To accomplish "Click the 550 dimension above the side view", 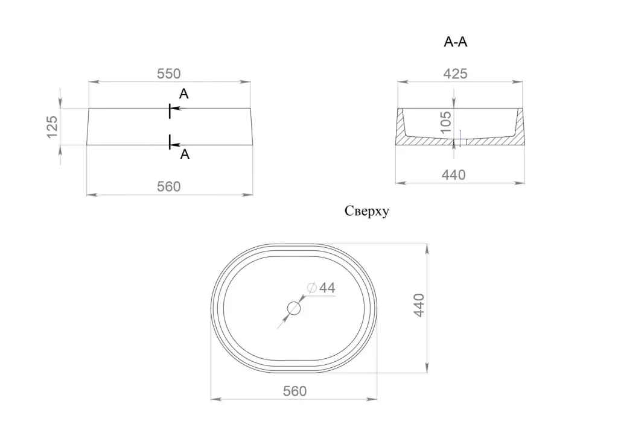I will [168, 74].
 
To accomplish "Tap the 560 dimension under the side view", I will [168, 186].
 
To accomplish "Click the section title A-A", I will [456, 42].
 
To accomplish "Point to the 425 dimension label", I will [455, 74].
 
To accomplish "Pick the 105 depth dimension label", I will [446, 122].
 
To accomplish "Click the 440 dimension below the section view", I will [454, 175].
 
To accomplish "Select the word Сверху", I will [367, 211].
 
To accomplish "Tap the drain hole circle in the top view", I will [294, 308].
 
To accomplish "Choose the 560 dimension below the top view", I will [295, 391].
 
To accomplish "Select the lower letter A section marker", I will [185, 155].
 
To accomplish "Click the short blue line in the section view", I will [460, 138].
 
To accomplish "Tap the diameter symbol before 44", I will [311, 288].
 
